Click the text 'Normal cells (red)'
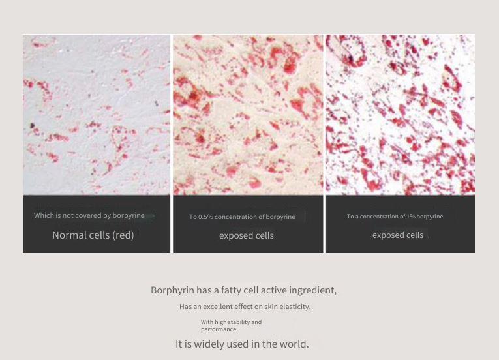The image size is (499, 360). tap(93, 235)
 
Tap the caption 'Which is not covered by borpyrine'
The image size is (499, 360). tap(89, 215)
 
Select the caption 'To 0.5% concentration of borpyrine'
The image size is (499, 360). tap(242, 217)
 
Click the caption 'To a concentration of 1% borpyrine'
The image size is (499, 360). tap(395, 217)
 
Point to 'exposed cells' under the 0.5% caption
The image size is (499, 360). tap(247, 235)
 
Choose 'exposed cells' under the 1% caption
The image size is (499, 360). tap(398, 235)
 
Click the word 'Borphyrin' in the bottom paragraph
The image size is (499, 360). tap(172, 290)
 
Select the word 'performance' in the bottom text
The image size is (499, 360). tap(219, 329)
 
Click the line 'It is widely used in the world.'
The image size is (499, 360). tap(242, 344)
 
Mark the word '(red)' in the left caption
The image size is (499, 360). tap(123, 235)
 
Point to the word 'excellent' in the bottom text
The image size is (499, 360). tap(218, 307)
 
